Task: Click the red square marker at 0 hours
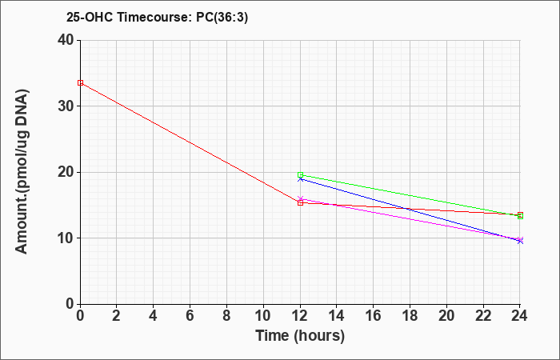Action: (x=80, y=83)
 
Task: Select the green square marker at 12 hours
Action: (x=300, y=175)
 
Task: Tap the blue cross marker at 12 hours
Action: (x=300, y=179)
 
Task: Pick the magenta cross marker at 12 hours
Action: (x=300, y=199)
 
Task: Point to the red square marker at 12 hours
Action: (x=300, y=203)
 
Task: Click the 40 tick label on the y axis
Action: (x=66, y=40)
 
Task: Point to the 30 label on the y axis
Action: (x=66, y=106)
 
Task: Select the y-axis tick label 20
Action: (x=66, y=172)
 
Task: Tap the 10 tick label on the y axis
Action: (x=66, y=238)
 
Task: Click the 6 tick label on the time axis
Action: (x=190, y=316)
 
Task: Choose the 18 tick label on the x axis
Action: (x=410, y=316)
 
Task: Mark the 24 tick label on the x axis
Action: (x=520, y=316)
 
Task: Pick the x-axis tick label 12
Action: (x=300, y=316)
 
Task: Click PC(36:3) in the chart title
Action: (x=222, y=17)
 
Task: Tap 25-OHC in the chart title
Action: (x=90, y=17)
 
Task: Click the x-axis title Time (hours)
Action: (x=300, y=336)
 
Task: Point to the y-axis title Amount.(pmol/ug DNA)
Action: (x=22, y=171)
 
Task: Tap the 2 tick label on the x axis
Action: (x=117, y=316)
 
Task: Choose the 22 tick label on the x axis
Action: (x=483, y=316)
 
